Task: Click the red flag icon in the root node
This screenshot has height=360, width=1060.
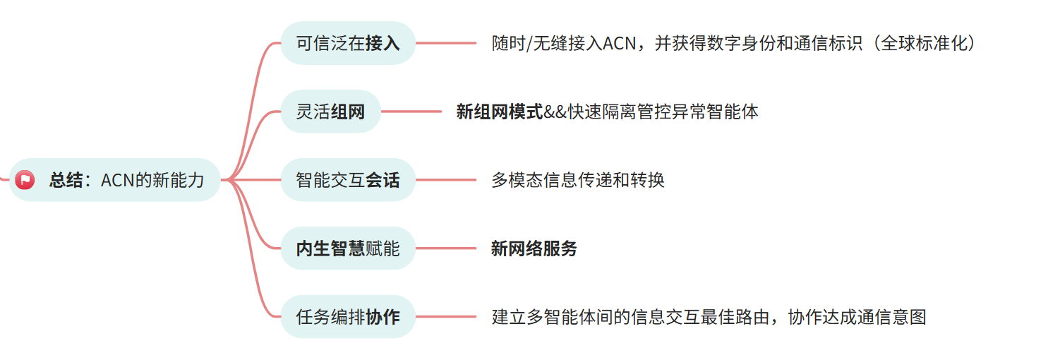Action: pos(25,180)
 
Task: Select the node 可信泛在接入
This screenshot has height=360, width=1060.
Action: pos(348,43)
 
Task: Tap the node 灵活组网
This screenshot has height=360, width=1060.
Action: pos(330,112)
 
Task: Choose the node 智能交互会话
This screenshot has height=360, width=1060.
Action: pos(348,180)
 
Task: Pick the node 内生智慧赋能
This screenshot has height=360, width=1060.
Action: pos(348,248)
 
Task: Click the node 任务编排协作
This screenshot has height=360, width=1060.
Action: pos(348,317)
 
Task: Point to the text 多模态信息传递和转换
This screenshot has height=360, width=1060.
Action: pos(578,180)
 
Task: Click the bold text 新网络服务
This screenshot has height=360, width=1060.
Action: pos(534,248)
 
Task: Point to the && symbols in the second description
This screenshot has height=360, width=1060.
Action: pos(555,112)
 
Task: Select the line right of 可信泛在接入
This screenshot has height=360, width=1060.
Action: pos(446,43)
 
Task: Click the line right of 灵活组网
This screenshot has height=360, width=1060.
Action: pos(411,112)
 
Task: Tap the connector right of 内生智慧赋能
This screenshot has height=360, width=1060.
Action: pos(446,248)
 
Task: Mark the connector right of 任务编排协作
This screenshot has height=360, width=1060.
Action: pos(446,317)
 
